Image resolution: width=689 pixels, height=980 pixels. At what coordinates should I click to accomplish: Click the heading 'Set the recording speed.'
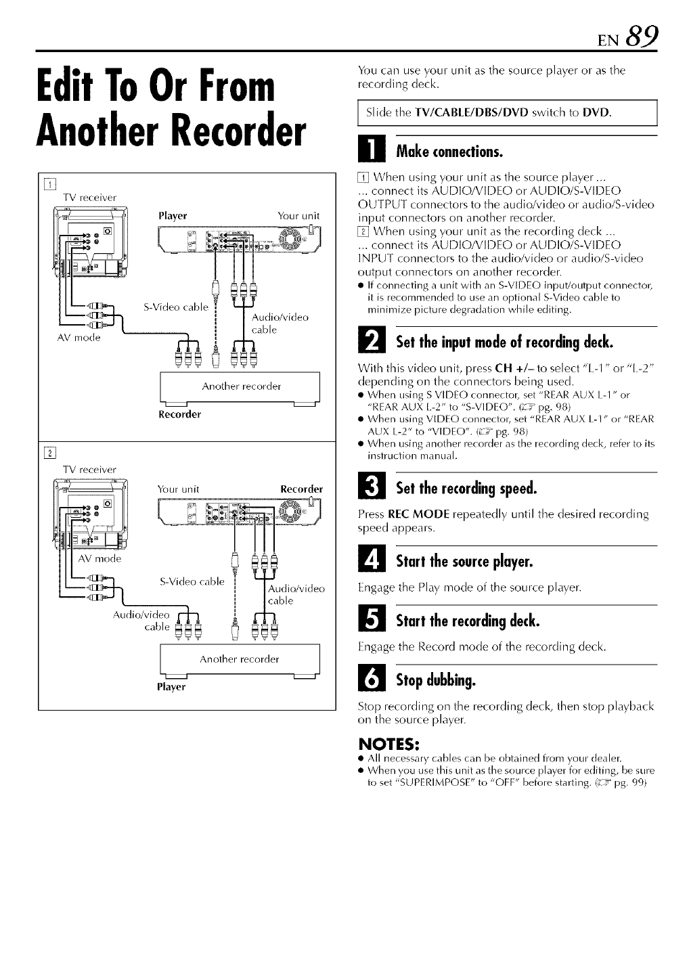(466, 488)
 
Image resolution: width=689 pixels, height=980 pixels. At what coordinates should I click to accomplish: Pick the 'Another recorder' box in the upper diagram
(240, 387)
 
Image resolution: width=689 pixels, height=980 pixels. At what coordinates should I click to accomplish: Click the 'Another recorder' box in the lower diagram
(240, 659)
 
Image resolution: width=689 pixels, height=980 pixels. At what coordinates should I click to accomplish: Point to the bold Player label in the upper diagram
(172, 216)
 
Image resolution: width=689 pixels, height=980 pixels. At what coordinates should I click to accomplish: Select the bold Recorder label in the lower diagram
(301, 489)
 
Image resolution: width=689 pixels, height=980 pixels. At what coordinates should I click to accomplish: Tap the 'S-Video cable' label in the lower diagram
(192, 581)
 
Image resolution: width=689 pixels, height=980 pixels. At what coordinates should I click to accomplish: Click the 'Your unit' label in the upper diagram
(298, 216)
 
